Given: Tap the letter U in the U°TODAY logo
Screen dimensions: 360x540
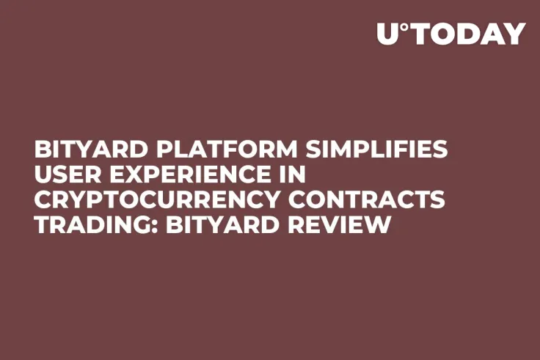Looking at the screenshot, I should point(387,34).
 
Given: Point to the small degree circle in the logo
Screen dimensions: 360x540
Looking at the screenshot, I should point(404,27).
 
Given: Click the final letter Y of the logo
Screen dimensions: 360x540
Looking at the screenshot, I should point(516,34).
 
